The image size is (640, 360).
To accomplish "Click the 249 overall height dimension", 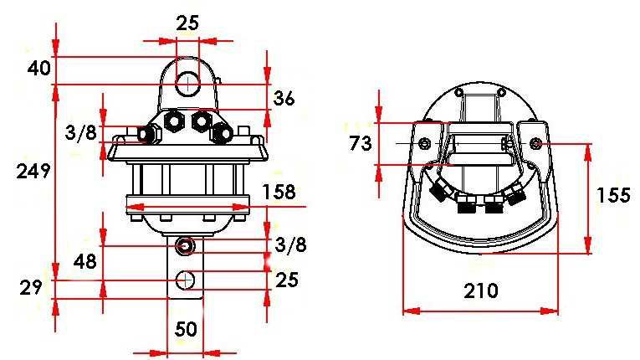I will tap(34, 172).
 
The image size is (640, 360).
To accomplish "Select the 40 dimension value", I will tap(38, 68).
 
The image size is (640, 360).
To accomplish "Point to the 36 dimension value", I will tap(284, 99).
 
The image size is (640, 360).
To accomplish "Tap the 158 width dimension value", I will tap(279, 192).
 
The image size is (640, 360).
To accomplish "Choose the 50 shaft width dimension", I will tap(186, 329).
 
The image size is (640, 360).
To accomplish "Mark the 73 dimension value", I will tap(360, 143).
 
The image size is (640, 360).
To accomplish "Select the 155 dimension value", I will tap(613, 195).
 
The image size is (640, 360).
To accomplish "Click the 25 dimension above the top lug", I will tap(187, 23).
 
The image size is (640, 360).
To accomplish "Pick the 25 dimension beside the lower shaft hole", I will tap(287, 278).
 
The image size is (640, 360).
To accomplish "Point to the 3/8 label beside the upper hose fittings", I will tap(80, 133).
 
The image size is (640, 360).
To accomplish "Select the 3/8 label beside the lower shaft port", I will tap(290, 244).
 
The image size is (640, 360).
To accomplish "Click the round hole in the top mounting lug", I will tap(187, 84).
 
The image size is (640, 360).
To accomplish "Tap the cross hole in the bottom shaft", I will tap(186, 279).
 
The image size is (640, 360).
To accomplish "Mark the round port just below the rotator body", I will tap(185, 246).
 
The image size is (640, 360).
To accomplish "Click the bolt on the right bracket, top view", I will tap(536, 144).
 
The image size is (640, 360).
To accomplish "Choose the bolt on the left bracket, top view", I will tap(425, 145).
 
